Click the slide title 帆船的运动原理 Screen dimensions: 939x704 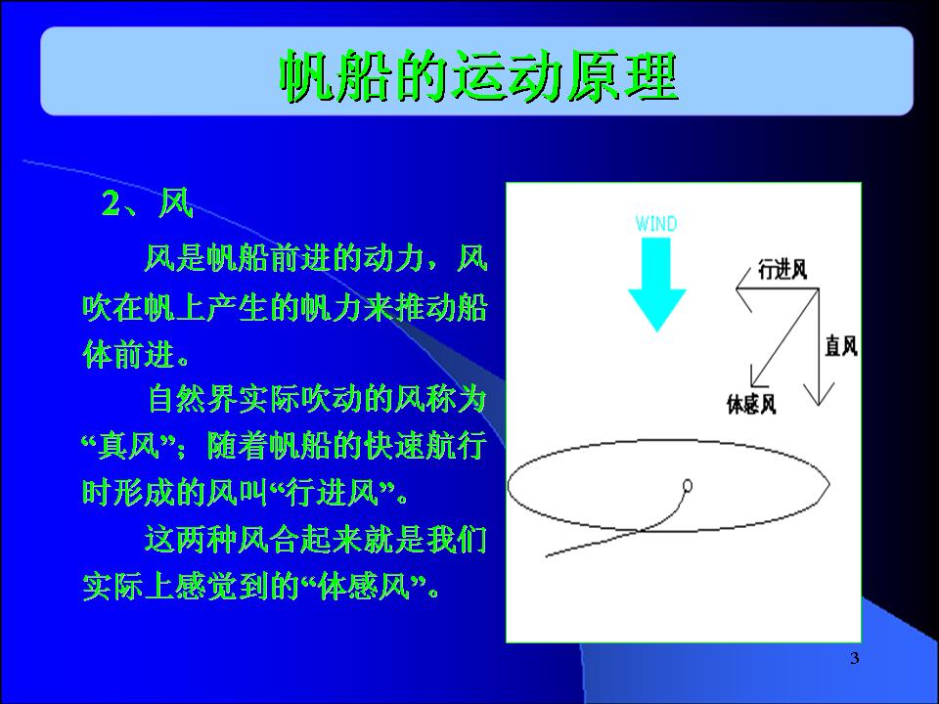pyautogui.click(x=478, y=76)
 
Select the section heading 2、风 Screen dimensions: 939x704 pyautogui.click(x=148, y=203)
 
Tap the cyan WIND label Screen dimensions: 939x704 pyautogui.click(x=656, y=224)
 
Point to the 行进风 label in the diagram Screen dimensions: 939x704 pyautogui.click(x=782, y=270)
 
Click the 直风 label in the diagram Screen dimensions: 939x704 pyautogui.click(x=841, y=346)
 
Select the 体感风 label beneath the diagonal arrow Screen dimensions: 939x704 pyautogui.click(x=751, y=404)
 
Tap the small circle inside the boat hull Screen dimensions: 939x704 pyautogui.click(x=688, y=486)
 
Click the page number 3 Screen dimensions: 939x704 pyautogui.click(x=855, y=658)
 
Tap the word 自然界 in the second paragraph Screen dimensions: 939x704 pyautogui.click(x=193, y=399)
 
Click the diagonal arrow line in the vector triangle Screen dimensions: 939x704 pyautogui.click(x=785, y=337)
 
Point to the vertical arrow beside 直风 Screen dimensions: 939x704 pyautogui.click(x=819, y=347)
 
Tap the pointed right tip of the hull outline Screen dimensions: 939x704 pyautogui.click(x=829, y=482)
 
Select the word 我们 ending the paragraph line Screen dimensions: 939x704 pyautogui.click(x=457, y=540)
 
